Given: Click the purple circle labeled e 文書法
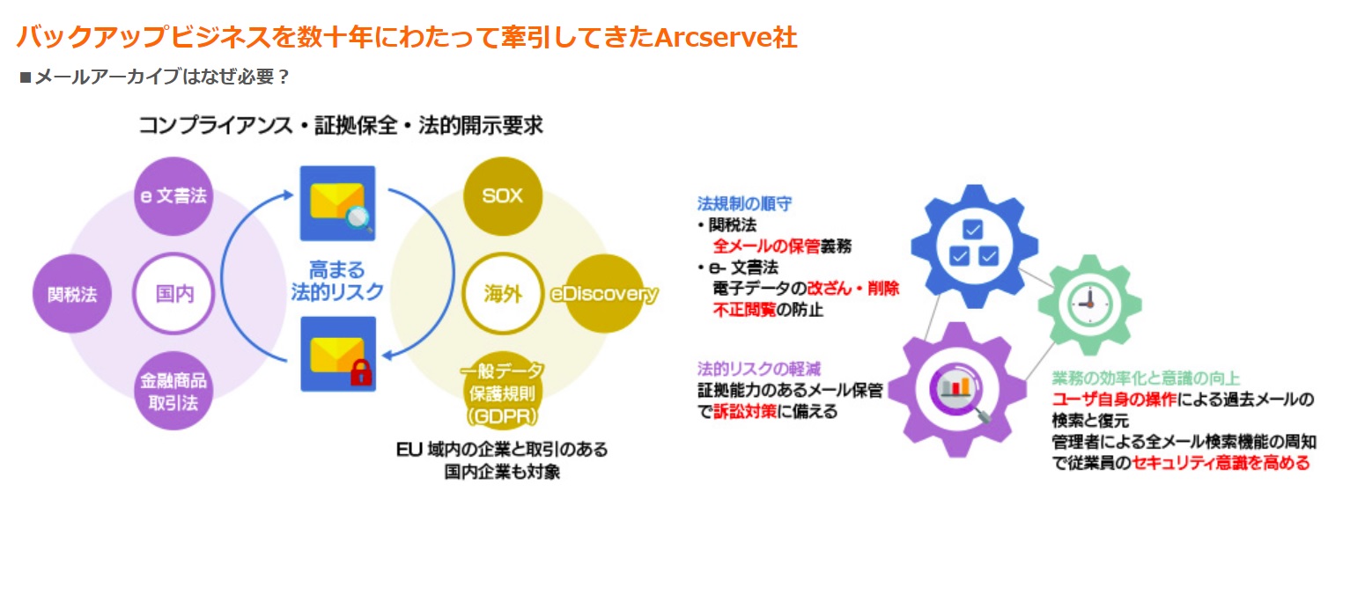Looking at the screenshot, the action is click(173, 196).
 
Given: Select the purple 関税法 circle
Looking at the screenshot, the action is click(72, 293).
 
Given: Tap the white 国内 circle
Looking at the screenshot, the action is click(173, 293).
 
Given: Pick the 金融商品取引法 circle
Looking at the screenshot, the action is click(173, 391).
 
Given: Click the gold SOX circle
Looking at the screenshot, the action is click(503, 196).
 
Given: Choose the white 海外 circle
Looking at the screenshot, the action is click(503, 293).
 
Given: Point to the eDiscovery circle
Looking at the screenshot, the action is click(604, 293).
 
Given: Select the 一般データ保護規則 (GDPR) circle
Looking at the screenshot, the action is click(503, 391).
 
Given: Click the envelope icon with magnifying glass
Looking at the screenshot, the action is click(338, 203).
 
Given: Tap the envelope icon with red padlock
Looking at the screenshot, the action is click(338, 354).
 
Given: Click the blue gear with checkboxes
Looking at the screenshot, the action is click(974, 246).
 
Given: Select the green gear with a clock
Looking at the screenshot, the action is click(1089, 305).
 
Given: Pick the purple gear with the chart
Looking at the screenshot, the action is click(957, 390).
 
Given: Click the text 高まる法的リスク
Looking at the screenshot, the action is click(337, 280).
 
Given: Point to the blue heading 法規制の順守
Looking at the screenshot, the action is click(744, 203).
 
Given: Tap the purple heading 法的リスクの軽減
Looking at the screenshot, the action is click(759, 368).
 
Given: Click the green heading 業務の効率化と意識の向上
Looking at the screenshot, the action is click(1146, 378).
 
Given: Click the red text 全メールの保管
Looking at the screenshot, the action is click(766, 246).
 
